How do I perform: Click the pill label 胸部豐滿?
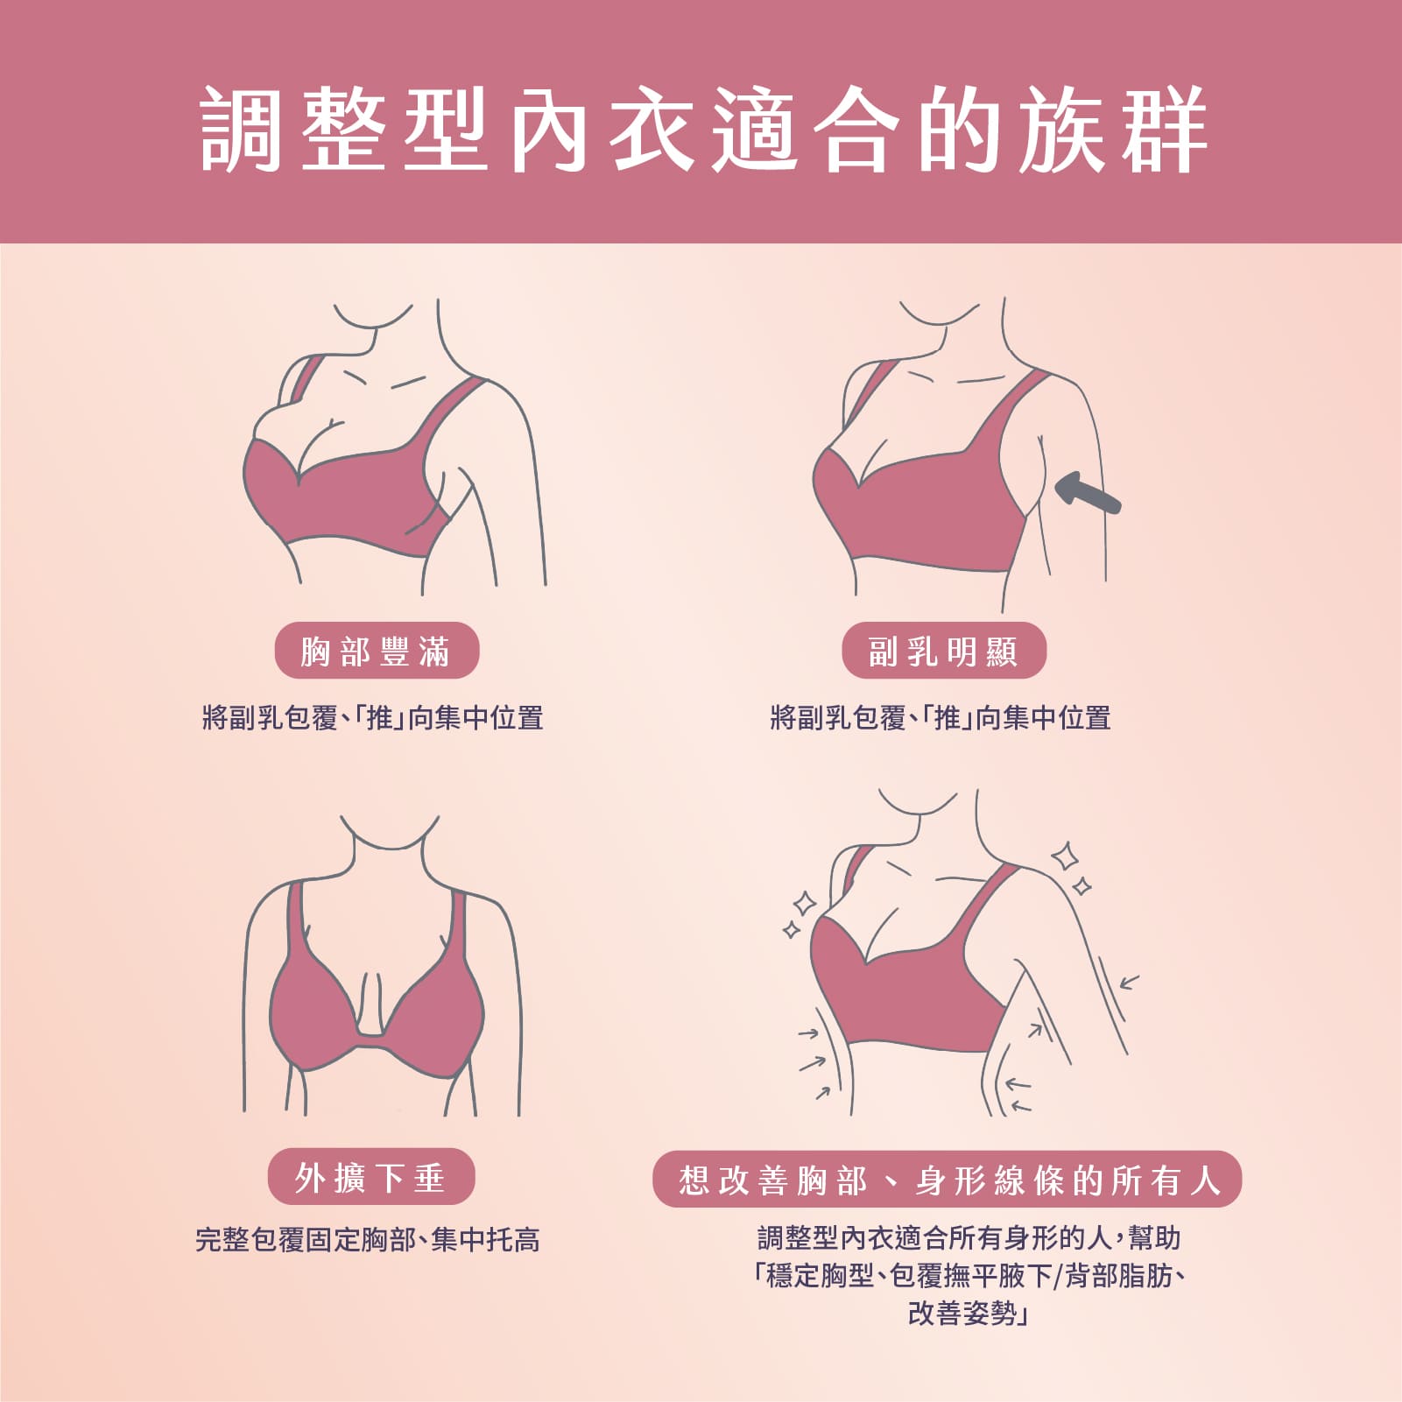coord(377,651)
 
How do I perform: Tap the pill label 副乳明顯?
coord(944,651)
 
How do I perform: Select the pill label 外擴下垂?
coord(371,1177)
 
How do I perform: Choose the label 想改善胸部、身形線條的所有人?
coord(948,1180)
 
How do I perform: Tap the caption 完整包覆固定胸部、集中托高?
coord(368,1240)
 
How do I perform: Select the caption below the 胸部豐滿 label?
coord(373,718)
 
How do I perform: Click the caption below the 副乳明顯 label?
coord(941,718)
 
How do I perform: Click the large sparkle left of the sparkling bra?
coord(804,904)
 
